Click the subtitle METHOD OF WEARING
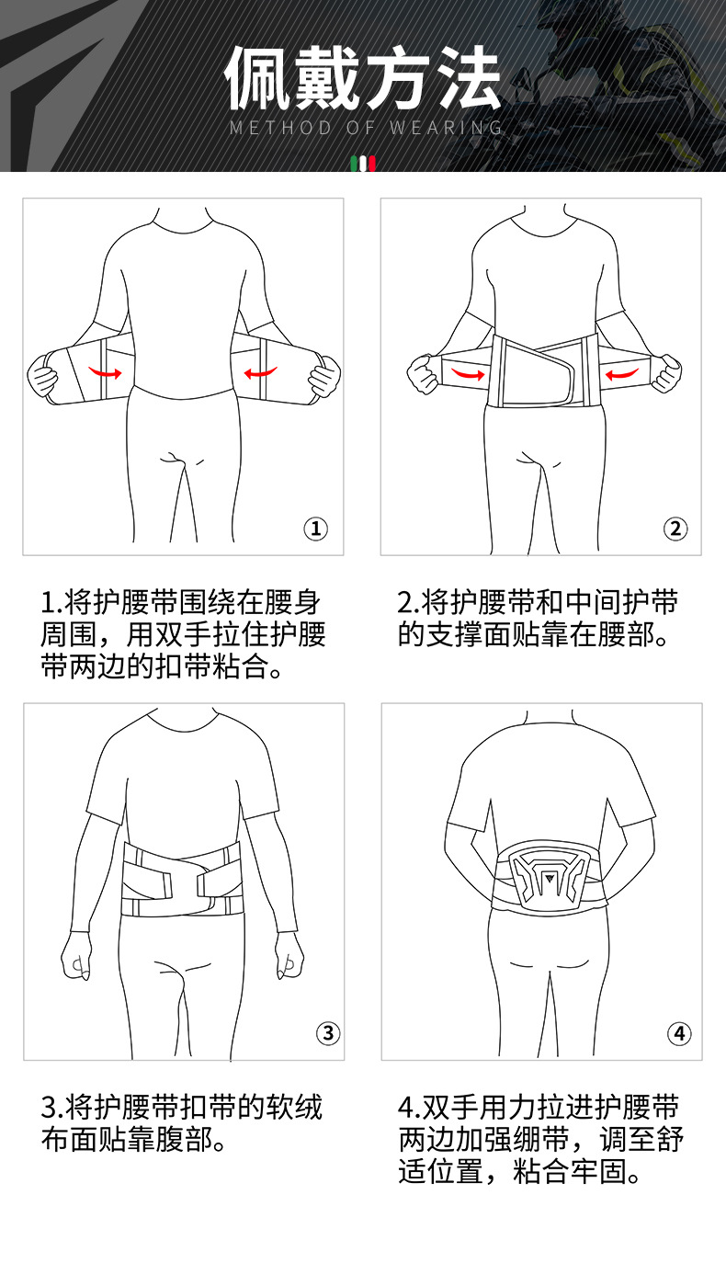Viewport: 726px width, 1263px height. point(366,128)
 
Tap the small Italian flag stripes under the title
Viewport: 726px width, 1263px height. point(363,164)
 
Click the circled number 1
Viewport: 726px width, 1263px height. point(315,529)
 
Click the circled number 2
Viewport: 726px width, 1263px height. point(675,529)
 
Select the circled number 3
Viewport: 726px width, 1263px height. point(327,1033)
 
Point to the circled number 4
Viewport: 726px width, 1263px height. point(679,1033)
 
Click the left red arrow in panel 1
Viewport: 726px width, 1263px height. point(105,372)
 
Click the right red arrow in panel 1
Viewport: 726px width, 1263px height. point(260,372)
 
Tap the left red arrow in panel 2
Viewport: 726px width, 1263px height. point(468,373)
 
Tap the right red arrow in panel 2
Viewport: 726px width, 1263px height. point(622,374)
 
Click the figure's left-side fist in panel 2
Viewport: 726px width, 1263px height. point(423,373)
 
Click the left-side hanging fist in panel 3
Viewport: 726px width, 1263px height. point(76,956)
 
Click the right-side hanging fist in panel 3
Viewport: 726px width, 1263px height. point(289,955)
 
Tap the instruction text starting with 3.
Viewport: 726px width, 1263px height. point(182,1123)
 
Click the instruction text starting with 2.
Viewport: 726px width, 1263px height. point(538,618)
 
